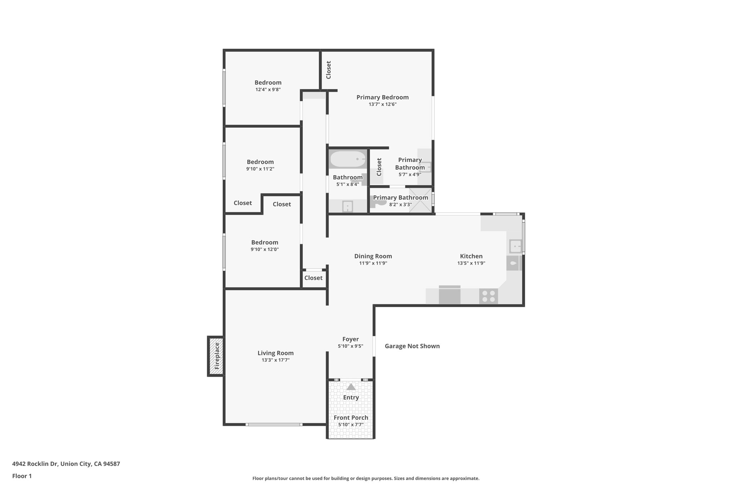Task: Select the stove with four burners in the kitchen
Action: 488,296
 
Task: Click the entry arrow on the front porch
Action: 351,387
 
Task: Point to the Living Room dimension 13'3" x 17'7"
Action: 275,360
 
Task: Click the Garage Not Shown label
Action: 412,346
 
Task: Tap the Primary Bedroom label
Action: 382,97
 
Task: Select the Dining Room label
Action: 373,256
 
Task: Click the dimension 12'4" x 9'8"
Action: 268,90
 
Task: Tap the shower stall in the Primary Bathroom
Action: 420,200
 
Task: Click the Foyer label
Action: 350,339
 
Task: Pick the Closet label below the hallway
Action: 313,278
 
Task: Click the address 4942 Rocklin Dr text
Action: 66,464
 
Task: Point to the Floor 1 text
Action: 22,476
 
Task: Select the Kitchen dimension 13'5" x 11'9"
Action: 471,263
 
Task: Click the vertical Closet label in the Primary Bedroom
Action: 328,70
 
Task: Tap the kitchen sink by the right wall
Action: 515,246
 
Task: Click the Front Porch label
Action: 351,418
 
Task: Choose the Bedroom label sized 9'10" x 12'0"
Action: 264,242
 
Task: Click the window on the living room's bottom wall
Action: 274,424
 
